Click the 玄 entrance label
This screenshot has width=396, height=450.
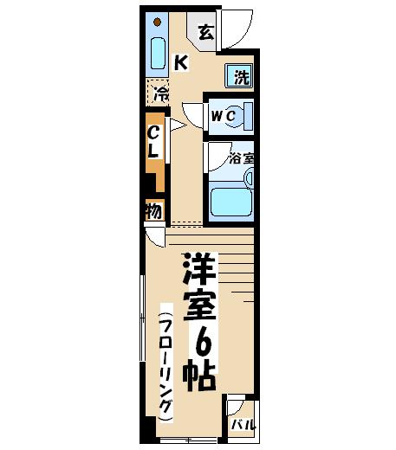pos(206,32)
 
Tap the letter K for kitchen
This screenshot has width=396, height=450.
pos(181,62)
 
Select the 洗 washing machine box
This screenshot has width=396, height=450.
pos(239,75)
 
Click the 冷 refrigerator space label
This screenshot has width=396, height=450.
pos(161,93)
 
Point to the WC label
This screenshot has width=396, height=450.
pos(223,116)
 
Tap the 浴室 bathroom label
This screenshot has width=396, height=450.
pos(242,158)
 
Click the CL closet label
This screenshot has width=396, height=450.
pos(153,142)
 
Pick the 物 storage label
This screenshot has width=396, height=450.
pos(154,211)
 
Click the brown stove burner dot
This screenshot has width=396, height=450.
pos(157,22)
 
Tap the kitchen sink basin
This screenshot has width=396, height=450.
pos(158,54)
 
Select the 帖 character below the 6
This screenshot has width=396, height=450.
pos(199,374)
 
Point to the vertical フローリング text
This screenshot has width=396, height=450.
pos(166,363)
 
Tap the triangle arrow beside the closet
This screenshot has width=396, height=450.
pos(177,125)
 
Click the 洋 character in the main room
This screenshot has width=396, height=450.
pos(199,269)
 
